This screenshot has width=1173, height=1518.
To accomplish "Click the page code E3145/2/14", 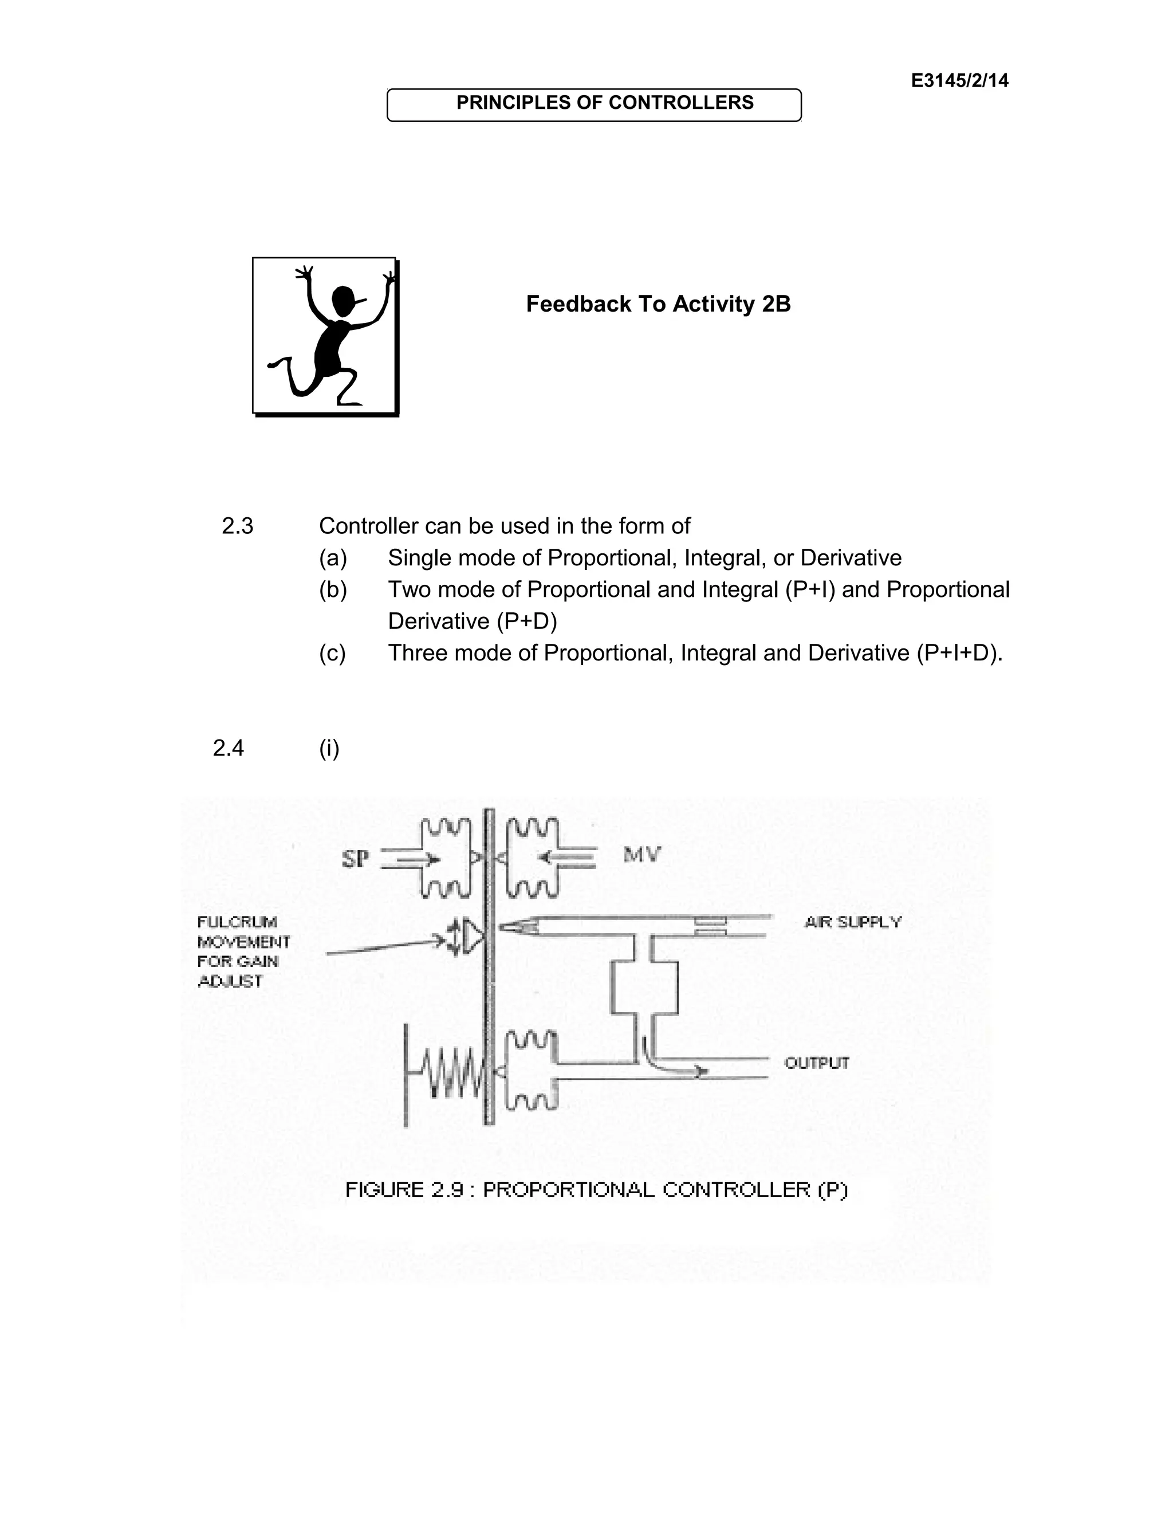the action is pyautogui.click(x=959, y=81).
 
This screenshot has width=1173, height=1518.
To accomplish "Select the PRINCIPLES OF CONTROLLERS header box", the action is pyautogui.click(x=593, y=104).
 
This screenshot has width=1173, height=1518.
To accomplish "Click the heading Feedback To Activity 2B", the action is pyautogui.click(x=658, y=304).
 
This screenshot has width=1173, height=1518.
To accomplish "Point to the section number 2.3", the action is pyautogui.click(x=238, y=526).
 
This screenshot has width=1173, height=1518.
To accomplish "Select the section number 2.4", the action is pyautogui.click(x=229, y=748).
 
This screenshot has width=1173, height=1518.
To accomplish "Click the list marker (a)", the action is pyautogui.click(x=332, y=557).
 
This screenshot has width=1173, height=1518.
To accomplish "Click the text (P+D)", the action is pyautogui.click(x=527, y=621).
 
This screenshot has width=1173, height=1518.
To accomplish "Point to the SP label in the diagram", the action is pyautogui.click(x=355, y=860).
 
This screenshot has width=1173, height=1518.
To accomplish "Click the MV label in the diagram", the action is pyautogui.click(x=641, y=854).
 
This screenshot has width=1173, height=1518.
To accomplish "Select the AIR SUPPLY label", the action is pyautogui.click(x=853, y=922).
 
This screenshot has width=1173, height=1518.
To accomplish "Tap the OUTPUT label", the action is pyautogui.click(x=817, y=1063).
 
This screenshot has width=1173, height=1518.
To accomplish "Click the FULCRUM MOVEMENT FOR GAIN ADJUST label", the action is pyautogui.click(x=243, y=951).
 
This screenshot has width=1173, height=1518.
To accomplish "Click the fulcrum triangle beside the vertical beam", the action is pyautogui.click(x=475, y=937).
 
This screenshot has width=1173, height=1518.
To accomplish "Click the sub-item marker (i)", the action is pyautogui.click(x=329, y=748).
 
